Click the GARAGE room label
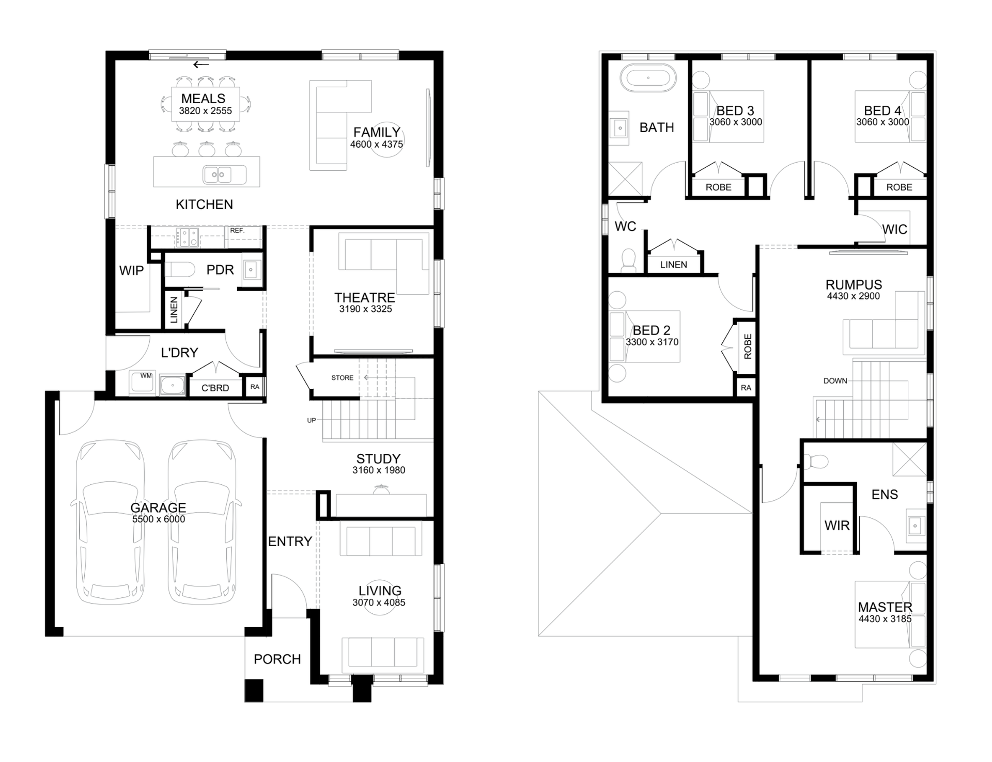158,507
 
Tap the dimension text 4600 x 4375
377,144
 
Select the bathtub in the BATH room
648,78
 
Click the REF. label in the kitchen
237,230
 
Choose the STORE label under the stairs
343,378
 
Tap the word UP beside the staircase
312,420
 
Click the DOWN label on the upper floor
835,381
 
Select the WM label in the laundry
146,376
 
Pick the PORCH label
277,659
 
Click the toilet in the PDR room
180,269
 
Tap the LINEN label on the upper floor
674,265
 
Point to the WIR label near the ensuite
837,526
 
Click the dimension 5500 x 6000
159,519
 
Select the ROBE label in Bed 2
748,346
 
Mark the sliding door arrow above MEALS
202,65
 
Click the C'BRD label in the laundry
215,388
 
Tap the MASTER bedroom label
885,607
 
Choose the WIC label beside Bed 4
895,229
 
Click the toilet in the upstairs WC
628,261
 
